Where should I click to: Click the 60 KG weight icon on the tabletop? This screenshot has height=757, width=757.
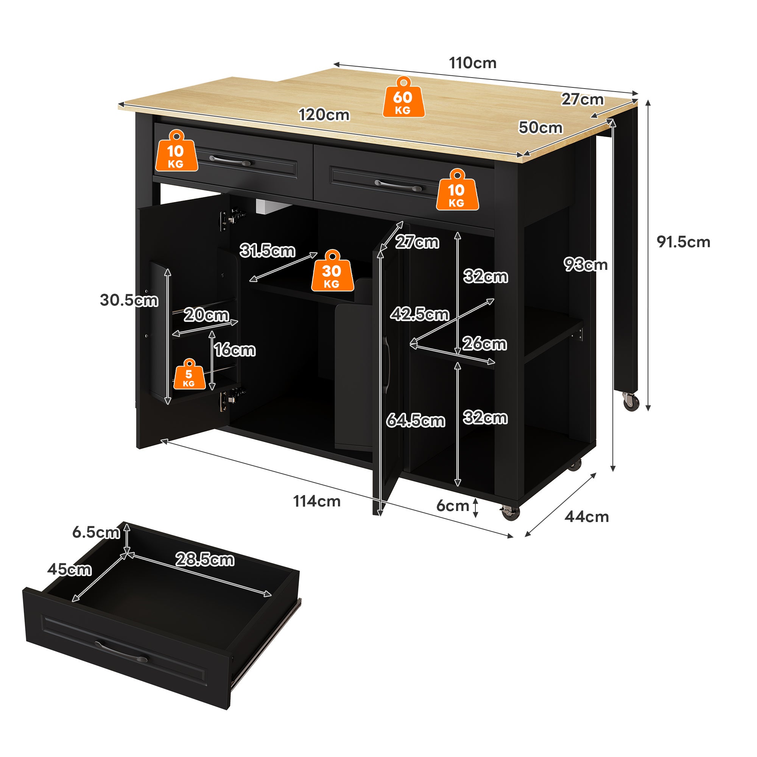pyautogui.click(x=403, y=98)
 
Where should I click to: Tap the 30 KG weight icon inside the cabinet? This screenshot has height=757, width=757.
pyautogui.click(x=332, y=271)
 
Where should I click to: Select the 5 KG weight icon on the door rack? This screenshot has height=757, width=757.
pyautogui.click(x=189, y=375)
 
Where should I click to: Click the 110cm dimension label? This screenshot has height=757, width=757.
pyautogui.click(x=472, y=63)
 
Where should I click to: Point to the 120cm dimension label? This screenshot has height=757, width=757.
pyautogui.click(x=324, y=115)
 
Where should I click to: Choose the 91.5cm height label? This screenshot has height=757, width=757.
pyautogui.click(x=683, y=242)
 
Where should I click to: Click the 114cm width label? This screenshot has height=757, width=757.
pyautogui.click(x=317, y=502)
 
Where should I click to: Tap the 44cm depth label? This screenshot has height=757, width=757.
pyautogui.click(x=587, y=517)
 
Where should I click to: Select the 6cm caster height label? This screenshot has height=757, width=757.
pyautogui.click(x=453, y=506)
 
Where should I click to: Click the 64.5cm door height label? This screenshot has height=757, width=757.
pyautogui.click(x=416, y=421)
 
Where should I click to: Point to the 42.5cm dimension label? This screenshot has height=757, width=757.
pyautogui.click(x=420, y=314)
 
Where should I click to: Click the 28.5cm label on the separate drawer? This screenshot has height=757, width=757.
pyautogui.click(x=204, y=559)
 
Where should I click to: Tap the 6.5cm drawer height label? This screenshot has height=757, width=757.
pyautogui.click(x=96, y=533)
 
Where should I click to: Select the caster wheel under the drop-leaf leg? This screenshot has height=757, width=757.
pyautogui.click(x=631, y=402)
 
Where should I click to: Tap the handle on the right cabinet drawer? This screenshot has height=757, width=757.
pyautogui.click(x=398, y=185)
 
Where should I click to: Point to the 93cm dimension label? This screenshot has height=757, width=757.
pyautogui.click(x=586, y=265)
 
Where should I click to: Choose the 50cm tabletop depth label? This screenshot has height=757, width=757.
pyautogui.click(x=540, y=128)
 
